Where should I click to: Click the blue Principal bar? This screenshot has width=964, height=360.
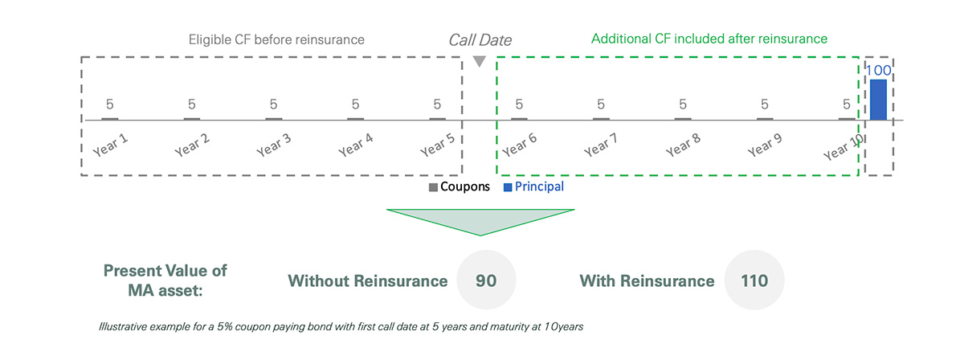pos(878,100)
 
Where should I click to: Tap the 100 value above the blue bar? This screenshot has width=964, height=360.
pos(878,70)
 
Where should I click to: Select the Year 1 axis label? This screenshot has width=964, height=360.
pos(110,145)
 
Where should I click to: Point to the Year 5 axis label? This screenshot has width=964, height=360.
pos(437,145)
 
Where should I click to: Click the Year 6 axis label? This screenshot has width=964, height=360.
pos(520,145)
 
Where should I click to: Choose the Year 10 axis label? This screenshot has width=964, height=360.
pos(843,147)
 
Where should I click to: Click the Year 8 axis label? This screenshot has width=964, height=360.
pos(683,145)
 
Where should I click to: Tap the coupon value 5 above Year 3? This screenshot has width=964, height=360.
pos(273,104)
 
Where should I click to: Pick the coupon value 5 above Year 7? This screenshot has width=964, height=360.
pos(601,104)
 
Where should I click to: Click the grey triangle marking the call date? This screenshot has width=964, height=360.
pos(480,61)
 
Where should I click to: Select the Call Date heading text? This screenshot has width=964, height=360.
pos(480,40)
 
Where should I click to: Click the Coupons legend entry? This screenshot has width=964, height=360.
pos(460,186)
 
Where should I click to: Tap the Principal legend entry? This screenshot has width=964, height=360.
pos(533,186)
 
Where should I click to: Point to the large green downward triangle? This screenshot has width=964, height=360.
pos(480,219)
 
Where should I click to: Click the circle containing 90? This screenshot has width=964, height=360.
pos(486,280)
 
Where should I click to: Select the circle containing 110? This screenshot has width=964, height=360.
pos(754,280)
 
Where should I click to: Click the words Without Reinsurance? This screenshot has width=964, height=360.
pos(368,280)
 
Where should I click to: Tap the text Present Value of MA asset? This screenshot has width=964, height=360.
pos(165,280)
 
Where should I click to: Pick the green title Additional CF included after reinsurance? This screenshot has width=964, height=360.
pos(709,39)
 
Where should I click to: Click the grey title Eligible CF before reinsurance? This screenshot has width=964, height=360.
pos(276,39)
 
